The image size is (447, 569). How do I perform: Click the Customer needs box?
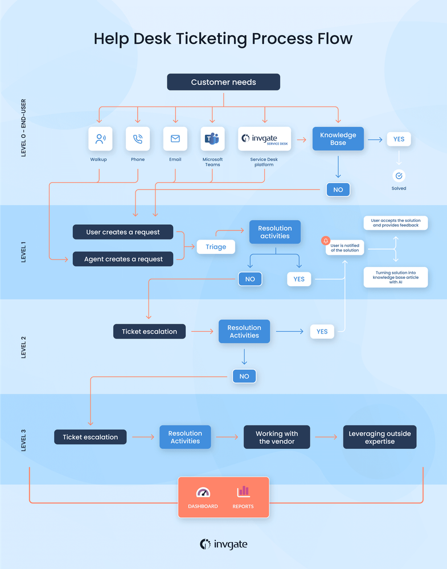(x=223, y=82)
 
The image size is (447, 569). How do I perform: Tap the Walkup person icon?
(x=100, y=138)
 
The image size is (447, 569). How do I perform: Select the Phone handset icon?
(x=138, y=138)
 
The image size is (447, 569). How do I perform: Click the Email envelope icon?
(x=175, y=138)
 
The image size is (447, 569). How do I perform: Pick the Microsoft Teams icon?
(x=212, y=138)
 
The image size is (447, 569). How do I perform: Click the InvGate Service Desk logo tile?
(x=264, y=138)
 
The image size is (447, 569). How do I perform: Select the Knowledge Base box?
(x=338, y=139)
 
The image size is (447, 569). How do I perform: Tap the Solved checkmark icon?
(x=399, y=176)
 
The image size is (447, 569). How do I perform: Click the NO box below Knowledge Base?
(x=338, y=189)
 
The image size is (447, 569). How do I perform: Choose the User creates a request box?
(x=123, y=232)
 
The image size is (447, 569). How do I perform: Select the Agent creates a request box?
(x=123, y=259)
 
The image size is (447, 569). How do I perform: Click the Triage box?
(x=216, y=247)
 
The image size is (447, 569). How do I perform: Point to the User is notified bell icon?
(x=326, y=241)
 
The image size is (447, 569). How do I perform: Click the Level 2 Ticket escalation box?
(x=149, y=331)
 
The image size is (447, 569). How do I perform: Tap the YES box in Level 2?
(x=322, y=331)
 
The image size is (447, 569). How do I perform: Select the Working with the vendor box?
(x=277, y=437)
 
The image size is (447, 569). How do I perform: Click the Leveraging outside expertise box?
(x=379, y=437)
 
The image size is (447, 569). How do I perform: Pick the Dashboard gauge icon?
(x=203, y=492)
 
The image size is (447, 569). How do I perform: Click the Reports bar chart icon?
(x=243, y=491)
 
